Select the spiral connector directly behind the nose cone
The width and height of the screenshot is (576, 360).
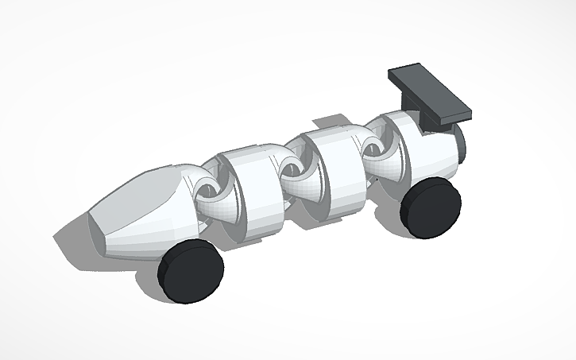[x=208, y=191]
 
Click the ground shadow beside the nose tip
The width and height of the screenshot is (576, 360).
[x=72, y=238]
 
